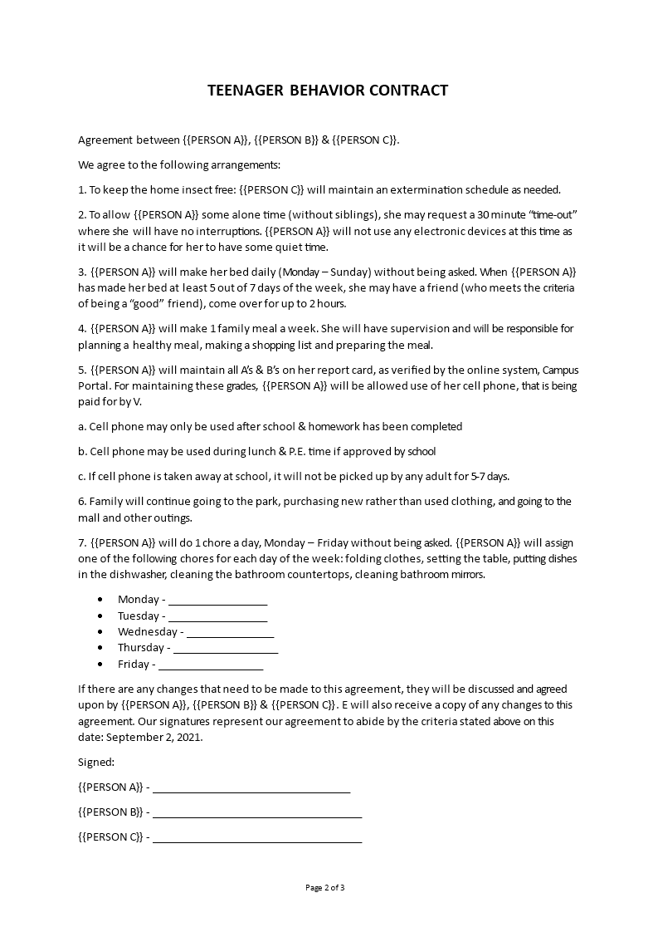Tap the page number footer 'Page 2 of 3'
(324, 888)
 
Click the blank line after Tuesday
(217, 617)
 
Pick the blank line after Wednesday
(230, 634)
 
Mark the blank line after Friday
(210, 665)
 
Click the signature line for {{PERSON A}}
(251, 789)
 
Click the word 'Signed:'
(96, 762)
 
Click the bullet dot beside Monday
(100, 599)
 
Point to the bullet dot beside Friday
(100, 664)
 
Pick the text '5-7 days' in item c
(487, 476)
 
